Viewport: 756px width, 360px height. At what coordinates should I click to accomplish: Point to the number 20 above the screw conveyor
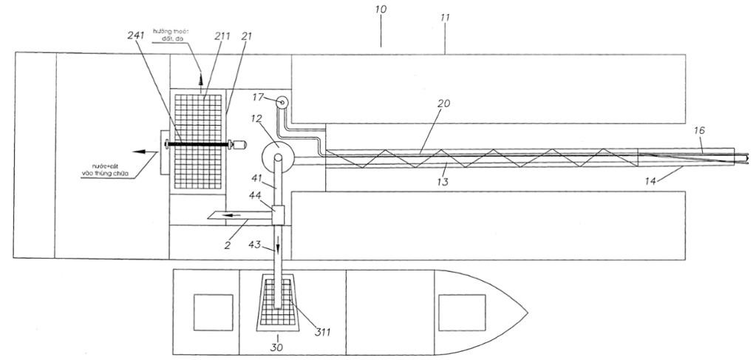[443, 104]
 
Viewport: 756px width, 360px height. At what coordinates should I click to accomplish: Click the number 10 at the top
[381, 10]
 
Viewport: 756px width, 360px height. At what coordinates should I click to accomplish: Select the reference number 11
[446, 16]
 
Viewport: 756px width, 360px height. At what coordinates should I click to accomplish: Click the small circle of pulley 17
[282, 102]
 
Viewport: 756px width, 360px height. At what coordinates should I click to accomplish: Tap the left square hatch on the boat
[208, 312]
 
